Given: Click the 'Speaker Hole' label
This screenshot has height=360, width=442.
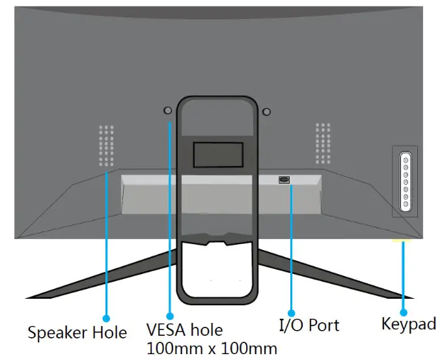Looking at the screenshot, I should pos(77,333).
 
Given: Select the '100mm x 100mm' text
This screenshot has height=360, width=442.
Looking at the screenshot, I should pos(212,348).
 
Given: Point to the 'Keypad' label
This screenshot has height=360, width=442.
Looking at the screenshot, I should pos(408,324).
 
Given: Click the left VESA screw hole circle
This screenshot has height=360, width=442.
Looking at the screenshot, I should pos(167,111).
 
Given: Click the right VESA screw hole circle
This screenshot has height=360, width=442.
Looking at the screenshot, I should pos(266,111).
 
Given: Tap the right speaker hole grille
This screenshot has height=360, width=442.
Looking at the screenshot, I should pos(324,145).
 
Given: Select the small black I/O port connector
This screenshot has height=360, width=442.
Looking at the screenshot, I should pos(284,180).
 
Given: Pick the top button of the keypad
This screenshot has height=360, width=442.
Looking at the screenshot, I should pos(405,159).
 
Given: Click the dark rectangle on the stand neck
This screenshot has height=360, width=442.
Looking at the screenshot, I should pos(219,154).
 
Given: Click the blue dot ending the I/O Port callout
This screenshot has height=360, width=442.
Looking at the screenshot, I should pos(291,314).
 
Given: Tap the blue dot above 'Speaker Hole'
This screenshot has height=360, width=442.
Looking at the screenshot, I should pos(106,312).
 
